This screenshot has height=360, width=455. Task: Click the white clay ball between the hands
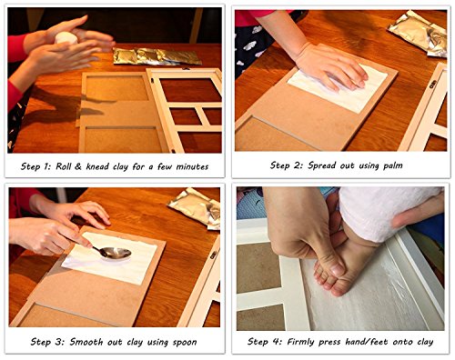click(66, 37)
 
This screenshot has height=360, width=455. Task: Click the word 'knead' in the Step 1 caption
click(98, 166)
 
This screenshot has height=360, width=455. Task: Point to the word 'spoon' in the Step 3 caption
click(185, 343)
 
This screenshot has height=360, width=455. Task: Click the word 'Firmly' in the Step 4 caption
click(300, 342)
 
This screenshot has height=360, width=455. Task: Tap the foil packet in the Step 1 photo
click(157, 56)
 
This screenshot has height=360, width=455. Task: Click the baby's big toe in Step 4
click(339, 288)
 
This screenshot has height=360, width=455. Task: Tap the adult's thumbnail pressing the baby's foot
click(337, 269)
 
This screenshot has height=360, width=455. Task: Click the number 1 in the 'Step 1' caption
click(46, 166)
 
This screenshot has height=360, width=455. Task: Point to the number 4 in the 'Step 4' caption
click(276, 342)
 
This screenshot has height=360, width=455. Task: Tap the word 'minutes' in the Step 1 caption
click(192, 166)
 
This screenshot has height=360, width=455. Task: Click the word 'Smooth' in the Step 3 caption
click(82, 342)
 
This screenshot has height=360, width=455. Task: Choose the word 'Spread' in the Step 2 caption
click(322, 165)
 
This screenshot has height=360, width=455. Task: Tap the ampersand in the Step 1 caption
click(78, 166)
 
